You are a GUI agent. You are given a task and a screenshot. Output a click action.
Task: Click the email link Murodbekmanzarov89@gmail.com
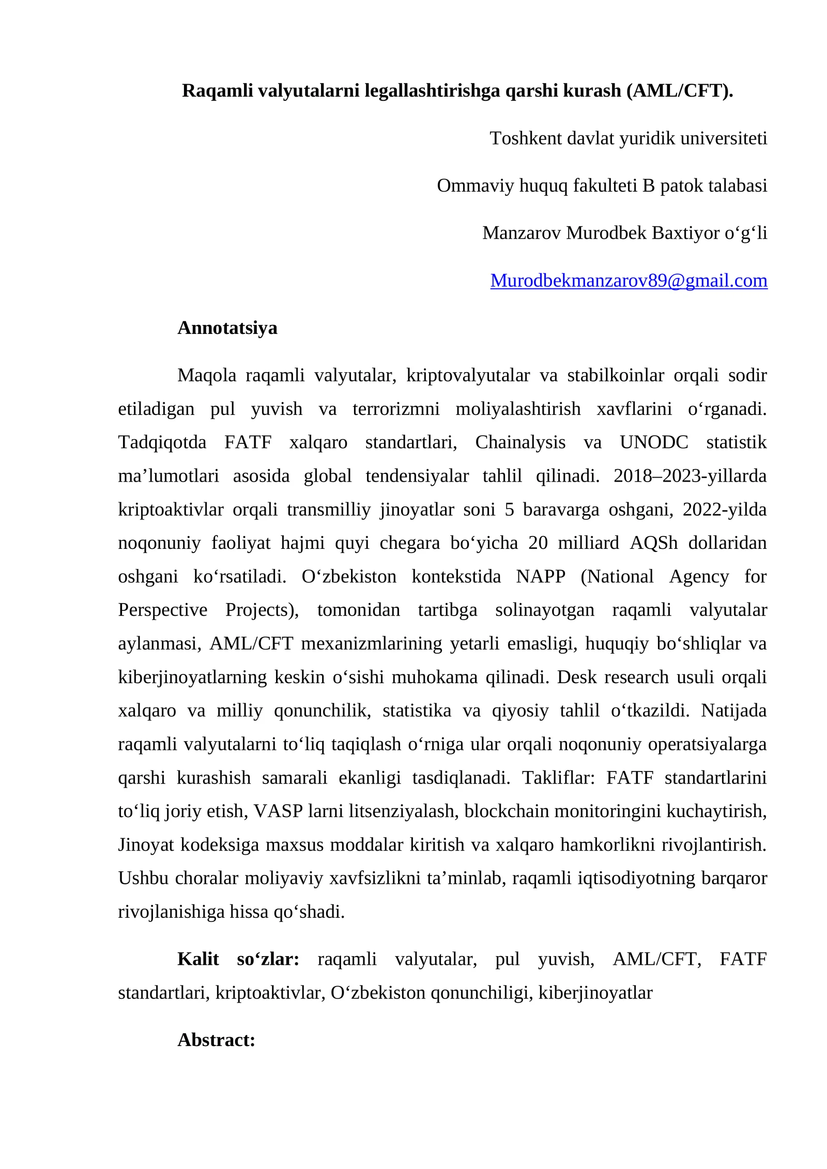point(629,281)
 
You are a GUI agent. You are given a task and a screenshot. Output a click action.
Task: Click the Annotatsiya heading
point(227,328)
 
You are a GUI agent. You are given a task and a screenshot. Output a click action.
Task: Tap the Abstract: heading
point(216,1039)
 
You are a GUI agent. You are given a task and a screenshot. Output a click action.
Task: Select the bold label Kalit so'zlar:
point(238,959)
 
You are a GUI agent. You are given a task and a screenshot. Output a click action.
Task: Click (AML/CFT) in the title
point(679,90)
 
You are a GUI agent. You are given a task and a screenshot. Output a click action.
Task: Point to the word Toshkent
point(526,139)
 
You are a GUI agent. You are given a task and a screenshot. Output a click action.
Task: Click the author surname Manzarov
point(521,233)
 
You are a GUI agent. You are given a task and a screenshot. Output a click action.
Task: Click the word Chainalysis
point(520,442)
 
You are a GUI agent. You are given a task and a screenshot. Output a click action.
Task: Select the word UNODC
point(653,442)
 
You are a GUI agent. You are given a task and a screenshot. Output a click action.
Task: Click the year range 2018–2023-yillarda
point(690,476)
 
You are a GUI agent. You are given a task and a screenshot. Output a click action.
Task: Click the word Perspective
point(162,610)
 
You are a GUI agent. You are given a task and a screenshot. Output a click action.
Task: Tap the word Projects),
point(262,610)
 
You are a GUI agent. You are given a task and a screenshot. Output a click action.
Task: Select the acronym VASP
point(278,811)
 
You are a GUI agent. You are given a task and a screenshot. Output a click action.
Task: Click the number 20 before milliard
point(538,543)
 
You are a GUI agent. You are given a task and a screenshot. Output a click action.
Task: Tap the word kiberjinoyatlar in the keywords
point(595,992)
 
